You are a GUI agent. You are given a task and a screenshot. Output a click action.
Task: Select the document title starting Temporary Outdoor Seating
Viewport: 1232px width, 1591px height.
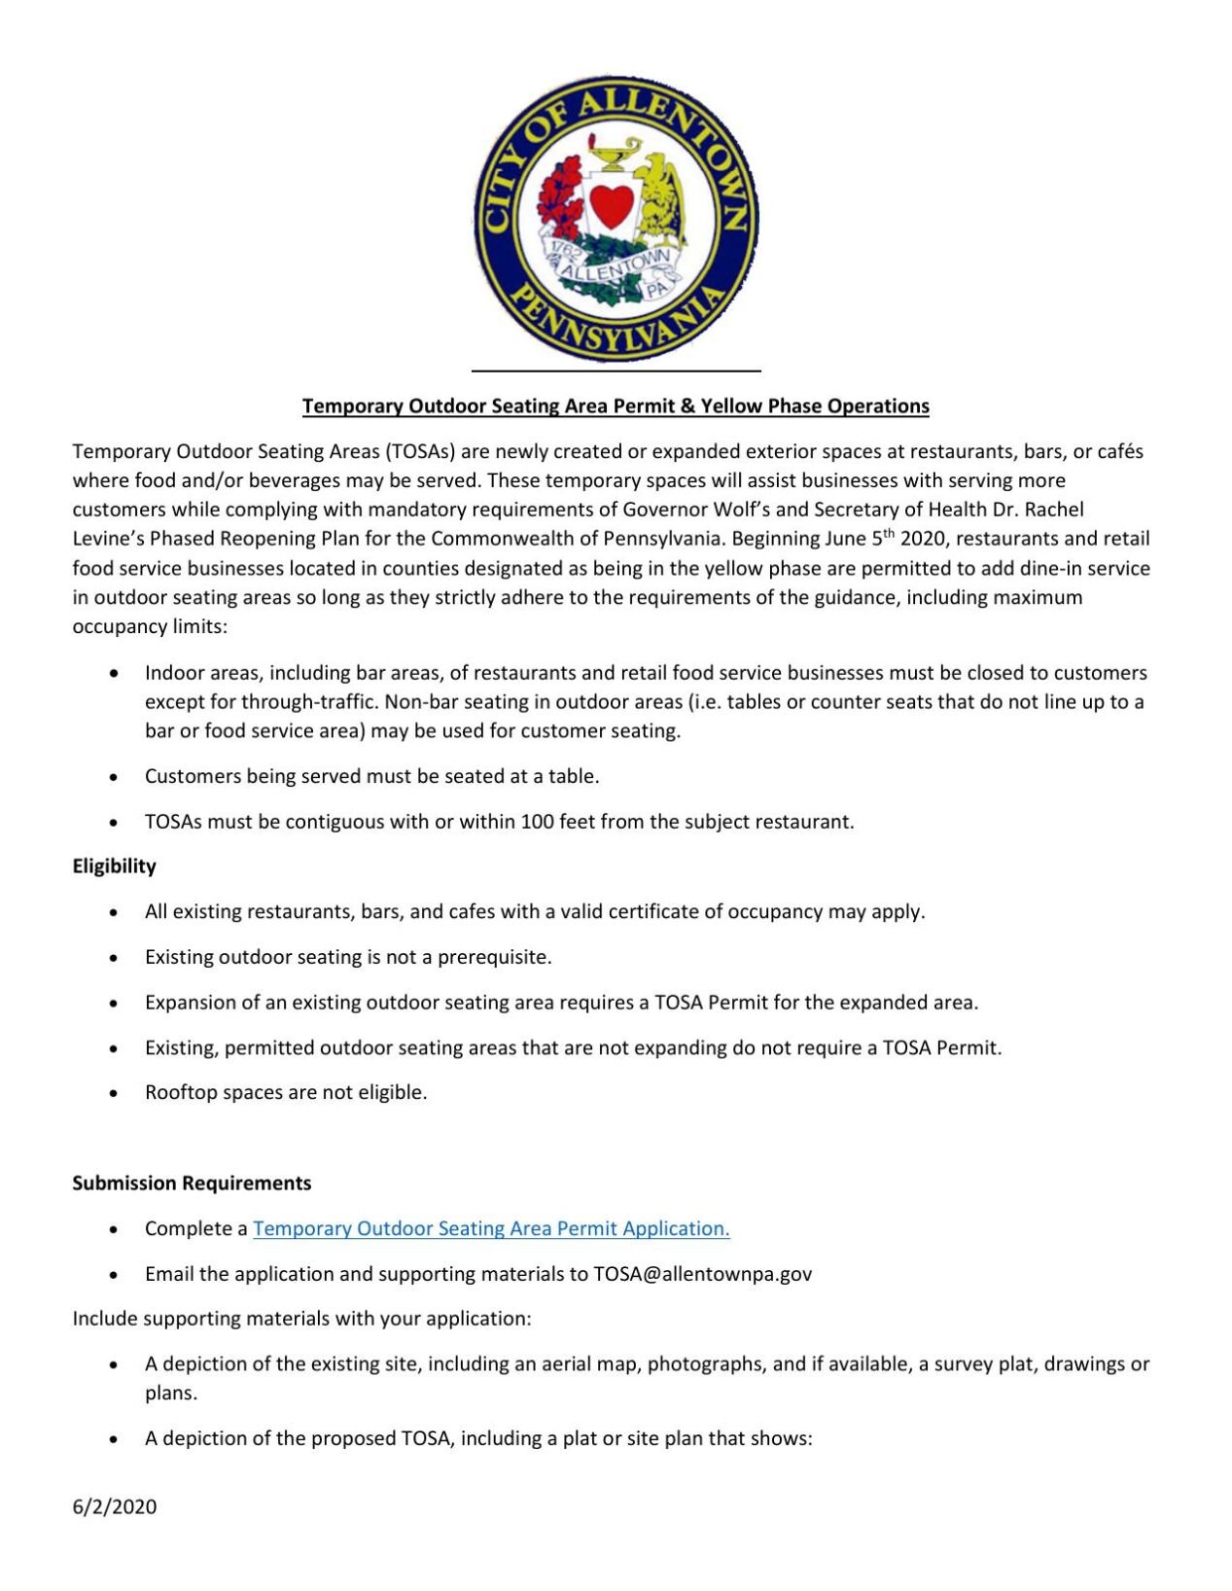pyautogui.click(x=616, y=407)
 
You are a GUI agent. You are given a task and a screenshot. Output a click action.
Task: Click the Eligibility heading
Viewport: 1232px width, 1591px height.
pyautogui.click(x=114, y=866)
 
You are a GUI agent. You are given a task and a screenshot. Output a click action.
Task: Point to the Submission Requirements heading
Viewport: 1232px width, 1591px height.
pyautogui.click(x=192, y=1184)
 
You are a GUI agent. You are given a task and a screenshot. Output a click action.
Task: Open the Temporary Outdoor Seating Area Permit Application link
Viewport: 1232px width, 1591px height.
pyautogui.click(x=491, y=1229)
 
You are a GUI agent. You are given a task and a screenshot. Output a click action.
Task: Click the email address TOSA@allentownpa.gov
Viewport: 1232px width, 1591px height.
pyautogui.click(x=702, y=1274)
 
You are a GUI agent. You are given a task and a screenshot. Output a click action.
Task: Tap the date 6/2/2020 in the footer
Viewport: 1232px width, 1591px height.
pyautogui.click(x=115, y=1507)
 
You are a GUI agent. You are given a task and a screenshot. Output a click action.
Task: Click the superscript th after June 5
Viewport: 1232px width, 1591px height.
pyautogui.click(x=888, y=533)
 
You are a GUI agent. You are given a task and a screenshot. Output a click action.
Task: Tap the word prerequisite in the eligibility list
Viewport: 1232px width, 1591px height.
pyautogui.click(x=494, y=957)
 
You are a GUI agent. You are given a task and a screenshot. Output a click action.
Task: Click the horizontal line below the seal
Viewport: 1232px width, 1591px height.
pyautogui.click(x=616, y=371)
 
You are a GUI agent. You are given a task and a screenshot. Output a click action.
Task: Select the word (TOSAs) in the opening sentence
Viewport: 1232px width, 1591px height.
pyautogui.click(x=420, y=451)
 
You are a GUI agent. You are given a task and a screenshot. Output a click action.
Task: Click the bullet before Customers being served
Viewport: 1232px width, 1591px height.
pyautogui.click(x=115, y=777)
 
